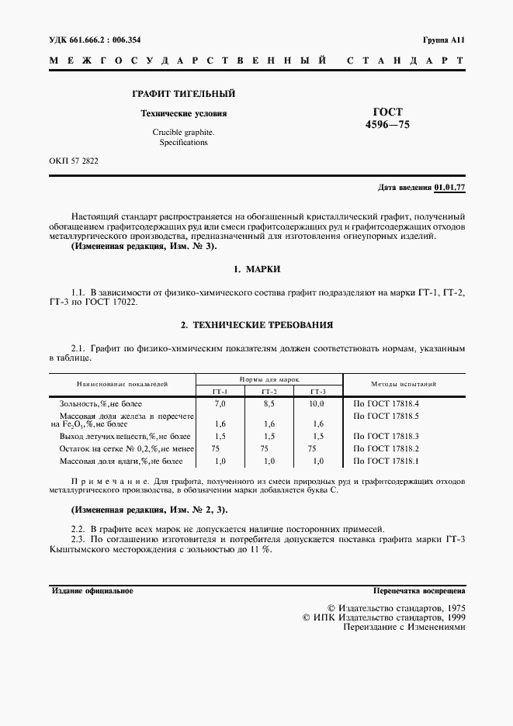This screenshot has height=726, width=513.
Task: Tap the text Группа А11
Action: (x=442, y=40)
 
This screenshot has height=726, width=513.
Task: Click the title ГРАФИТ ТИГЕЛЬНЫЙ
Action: (x=183, y=94)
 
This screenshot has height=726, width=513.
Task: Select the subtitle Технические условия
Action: (x=183, y=113)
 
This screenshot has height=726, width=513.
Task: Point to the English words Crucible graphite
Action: (x=184, y=132)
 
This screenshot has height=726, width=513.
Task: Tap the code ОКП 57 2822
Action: (x=74, y=161)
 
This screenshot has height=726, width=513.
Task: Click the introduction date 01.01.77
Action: (x=449, y=188)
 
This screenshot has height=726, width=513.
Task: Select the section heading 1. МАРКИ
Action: (x=256, y=268)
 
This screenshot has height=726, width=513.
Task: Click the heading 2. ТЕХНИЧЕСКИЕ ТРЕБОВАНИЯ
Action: (x=256, y=324)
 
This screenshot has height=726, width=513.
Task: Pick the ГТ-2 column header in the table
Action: (x=269, y=391)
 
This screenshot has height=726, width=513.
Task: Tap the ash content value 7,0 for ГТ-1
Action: (x=220, y=404)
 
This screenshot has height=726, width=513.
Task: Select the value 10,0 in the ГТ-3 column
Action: (x=317, y=404)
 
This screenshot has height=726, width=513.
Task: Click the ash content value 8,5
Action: (x=269, y=404)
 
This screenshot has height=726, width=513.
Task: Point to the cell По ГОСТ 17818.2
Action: (x=386, y=448)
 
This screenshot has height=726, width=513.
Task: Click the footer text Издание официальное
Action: (x=92, y=590)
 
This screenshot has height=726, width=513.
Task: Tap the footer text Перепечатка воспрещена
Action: (x=419, y=590)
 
